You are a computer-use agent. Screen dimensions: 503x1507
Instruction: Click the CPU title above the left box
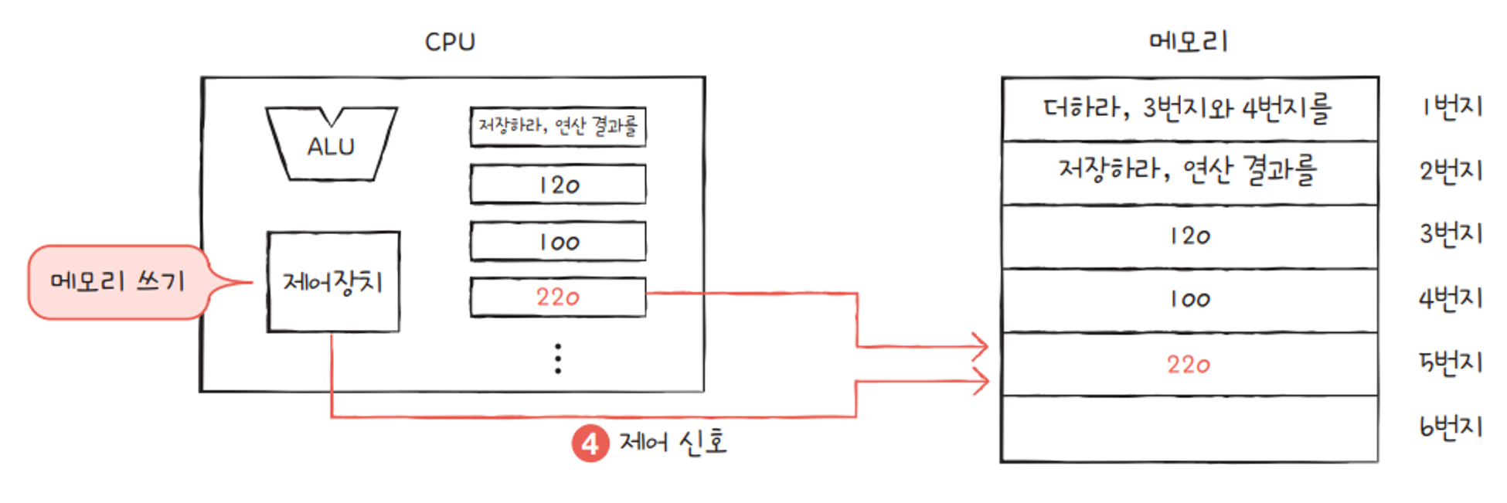pyautogui.click(x=450, y=42)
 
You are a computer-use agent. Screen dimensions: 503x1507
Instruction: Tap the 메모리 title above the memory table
pyautogui.click(x=1188, y=41)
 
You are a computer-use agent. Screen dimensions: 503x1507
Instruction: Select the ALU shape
pyautogui.click(x=331, y=144)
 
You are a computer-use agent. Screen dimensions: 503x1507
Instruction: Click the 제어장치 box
pyautogui.click(x=333, y=282)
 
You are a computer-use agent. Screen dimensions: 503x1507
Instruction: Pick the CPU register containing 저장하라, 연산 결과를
pyautogui.click(x=558, y=127)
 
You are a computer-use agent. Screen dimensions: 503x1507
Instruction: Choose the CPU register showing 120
pyautogui.click(x=558, y=185)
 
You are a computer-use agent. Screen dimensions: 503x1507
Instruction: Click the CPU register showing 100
pyautogui.click(x=558, y=242)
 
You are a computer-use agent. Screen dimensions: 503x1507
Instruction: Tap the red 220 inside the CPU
pyautogui.click(x=558, y=297)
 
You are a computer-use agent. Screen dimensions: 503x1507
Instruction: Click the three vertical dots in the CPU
pyautogui.click(x=558, y=359)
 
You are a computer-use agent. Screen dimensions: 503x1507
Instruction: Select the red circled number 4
pyautogui.click(x=590, y=444)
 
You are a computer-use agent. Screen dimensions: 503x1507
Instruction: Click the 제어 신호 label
pyautogui.click(x=673, y=442)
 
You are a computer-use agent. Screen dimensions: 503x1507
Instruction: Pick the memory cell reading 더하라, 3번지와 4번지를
pyautogui.click(x=1189, y=109)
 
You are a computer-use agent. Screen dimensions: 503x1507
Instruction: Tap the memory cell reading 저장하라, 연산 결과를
pyautogui.click(x=1189, y=172)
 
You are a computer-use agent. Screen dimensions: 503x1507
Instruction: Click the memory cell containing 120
pyautogui.click(x=1189, y=236)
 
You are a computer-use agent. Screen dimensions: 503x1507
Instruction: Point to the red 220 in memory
pyautogui.click(x=1189, y=364)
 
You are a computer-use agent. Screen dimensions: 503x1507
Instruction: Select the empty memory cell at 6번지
pyautogui.click(x=1189, y=429)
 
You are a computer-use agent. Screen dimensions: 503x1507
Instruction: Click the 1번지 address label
pyautogui.click(x=1451, y=107)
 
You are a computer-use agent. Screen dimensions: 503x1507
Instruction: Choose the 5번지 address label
pyautogui.click(x=1451, y=362)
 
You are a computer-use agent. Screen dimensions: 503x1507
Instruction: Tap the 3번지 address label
pyautogui.click(x=1451, y=233)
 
